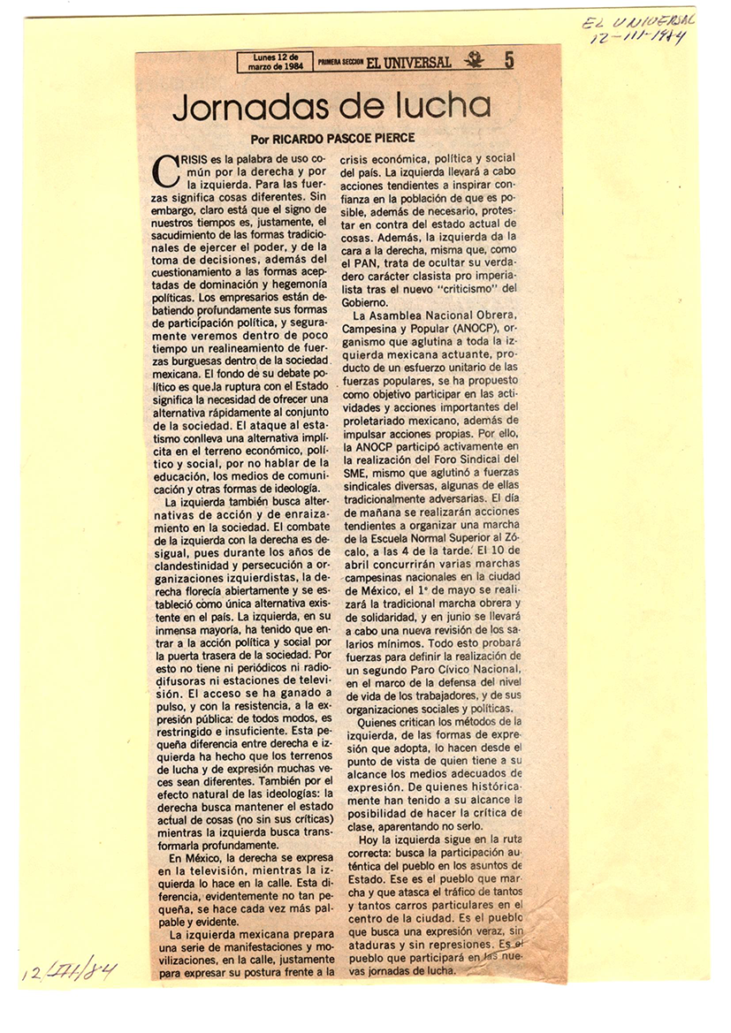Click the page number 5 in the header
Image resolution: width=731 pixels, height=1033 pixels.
(509, 60)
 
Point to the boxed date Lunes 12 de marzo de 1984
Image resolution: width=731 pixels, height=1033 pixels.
(275, 62)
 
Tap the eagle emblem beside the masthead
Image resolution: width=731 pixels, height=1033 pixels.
(474, 60)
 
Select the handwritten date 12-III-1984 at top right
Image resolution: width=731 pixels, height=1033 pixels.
(639, 41)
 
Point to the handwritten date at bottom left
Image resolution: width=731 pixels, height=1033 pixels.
(69, 968)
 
